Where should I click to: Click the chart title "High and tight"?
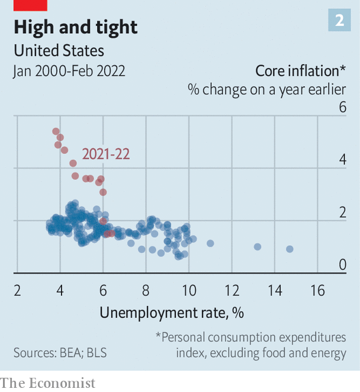pos(75,27)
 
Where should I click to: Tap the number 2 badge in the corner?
pos(340,20)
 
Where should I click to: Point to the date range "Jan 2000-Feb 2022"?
pos(69,71)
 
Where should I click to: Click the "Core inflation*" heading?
pos(301,71)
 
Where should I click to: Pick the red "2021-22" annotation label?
pos(106,154)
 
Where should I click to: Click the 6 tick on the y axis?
pos(342,107)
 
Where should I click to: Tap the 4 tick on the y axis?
pos(342,160)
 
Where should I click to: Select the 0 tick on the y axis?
pos(342,265)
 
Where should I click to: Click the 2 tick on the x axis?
pos(17,291)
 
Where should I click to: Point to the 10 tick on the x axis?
pos(189,291)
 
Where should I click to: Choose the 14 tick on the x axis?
pos(275,291)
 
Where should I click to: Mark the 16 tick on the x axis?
pos(318,291)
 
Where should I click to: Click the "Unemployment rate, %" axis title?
pos(172,312)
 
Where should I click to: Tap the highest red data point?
pos(56,131)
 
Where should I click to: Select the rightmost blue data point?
pos(290,249)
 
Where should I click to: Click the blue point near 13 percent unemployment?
pos(258,247)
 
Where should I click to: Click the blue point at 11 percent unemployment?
pos(210,243)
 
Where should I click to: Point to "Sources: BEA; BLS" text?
pos(60,353)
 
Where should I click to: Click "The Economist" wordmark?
pos(47,383)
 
